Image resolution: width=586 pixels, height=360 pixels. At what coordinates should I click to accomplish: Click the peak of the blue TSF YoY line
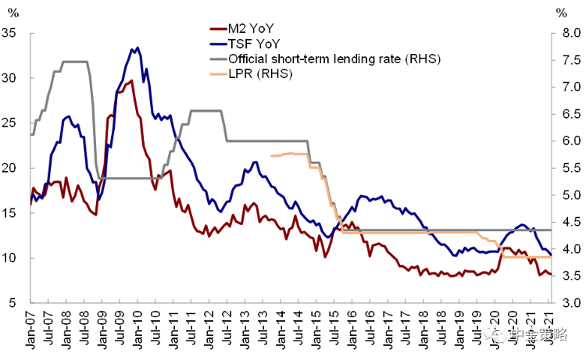tap(138, 48)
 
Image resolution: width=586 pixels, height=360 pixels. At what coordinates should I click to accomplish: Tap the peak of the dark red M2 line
tap(131, 80)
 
